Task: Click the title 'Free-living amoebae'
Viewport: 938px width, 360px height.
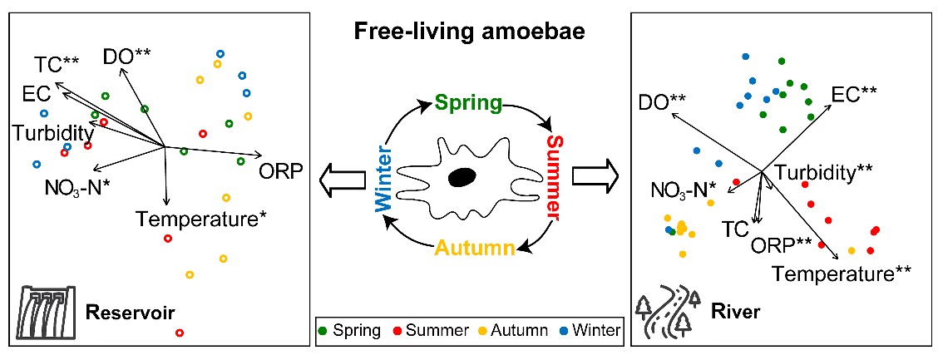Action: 468,32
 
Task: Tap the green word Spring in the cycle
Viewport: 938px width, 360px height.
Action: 469,104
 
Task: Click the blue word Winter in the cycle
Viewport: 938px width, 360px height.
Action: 385,178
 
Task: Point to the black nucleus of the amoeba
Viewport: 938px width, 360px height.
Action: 462,177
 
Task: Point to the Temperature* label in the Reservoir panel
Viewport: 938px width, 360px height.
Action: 201,219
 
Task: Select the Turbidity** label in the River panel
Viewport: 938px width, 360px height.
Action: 823,171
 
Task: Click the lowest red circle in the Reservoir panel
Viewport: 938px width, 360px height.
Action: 180,333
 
